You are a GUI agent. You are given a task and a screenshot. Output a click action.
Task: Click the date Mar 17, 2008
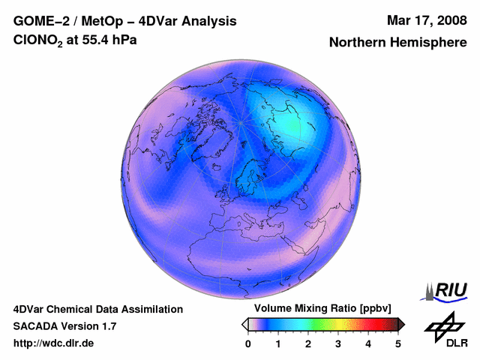click(x=427, y=21)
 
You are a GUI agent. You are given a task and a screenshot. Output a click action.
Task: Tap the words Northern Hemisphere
click(x=398, y=42)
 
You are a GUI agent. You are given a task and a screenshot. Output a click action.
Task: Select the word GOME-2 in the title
click(x=41, y=21)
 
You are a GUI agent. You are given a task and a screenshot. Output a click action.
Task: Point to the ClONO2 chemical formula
click(x=38, y=40)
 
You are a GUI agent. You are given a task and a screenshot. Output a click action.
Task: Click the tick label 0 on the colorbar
click(x=248, y=344)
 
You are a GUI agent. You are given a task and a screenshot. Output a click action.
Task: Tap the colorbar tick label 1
click(x=278, y=344)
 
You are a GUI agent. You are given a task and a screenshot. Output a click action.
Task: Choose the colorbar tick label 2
click(x=308, y=344)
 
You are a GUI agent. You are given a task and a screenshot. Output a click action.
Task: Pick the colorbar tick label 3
click(x=338, y=344)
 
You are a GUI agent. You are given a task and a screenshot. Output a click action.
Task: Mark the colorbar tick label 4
click(x=368, y=344)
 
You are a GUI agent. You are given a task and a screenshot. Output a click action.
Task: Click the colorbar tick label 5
click(x=398, y=344)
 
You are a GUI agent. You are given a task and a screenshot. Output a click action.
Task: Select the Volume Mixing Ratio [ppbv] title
click(x=322, y=308)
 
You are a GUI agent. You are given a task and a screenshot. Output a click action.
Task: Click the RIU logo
click(x=445, y=292)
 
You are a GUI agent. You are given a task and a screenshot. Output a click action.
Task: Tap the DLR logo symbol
click(x=444, y=327)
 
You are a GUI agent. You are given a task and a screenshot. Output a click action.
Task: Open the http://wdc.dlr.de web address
click(x=53, y=343)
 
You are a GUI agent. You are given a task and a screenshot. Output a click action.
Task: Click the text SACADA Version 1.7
click(x=65, y=326)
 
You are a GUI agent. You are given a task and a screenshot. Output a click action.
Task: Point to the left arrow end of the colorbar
click(x=244, y=325)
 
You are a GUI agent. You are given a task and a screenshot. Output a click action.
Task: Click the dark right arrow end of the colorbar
click(x=401, y=325)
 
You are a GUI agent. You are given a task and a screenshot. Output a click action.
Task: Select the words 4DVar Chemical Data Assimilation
click(x=98, y=310)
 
